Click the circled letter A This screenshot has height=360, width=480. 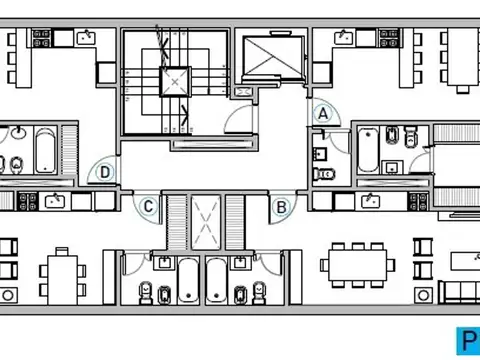(x=322, y=114)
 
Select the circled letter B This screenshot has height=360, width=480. (x=282, y=207)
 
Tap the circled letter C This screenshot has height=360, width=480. (x=148, y=207)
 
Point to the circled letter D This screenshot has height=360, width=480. (x=105, y=172)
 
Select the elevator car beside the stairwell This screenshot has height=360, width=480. (x=271, y=58)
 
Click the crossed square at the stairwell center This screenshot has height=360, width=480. (x=175, y=79)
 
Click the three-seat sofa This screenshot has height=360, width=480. (x=458, y=292)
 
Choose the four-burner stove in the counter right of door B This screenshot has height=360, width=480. (x=420, y=201)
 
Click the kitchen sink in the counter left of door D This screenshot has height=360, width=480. (x=54, y=201)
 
